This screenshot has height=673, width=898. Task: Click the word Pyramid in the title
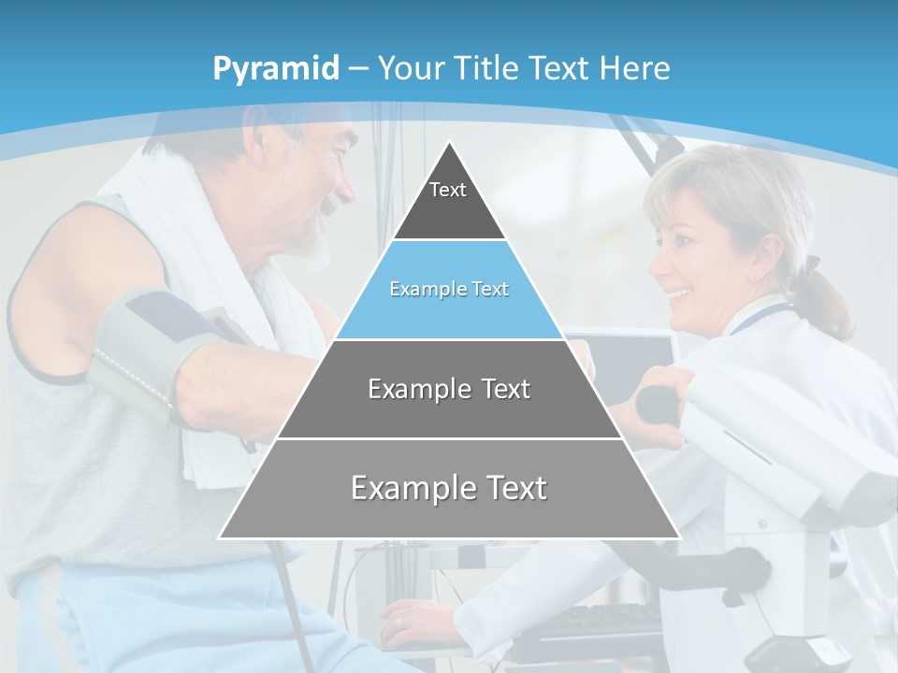pyautogui.click(x=275, y=69)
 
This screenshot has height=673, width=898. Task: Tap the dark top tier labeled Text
pyautogui.click(x=448, y=201)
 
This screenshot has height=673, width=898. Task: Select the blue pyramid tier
pyautogui.click(x=449, y=290)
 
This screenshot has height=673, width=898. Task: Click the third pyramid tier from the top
pyautogui.click(x=449, y=389)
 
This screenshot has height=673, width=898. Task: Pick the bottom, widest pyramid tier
pyautogui.click(x=449, y=488)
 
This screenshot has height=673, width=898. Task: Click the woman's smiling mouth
pyautogui.click(x=680, y=294)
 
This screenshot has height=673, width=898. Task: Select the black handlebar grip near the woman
pyautogui.click(x=659, y=404)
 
